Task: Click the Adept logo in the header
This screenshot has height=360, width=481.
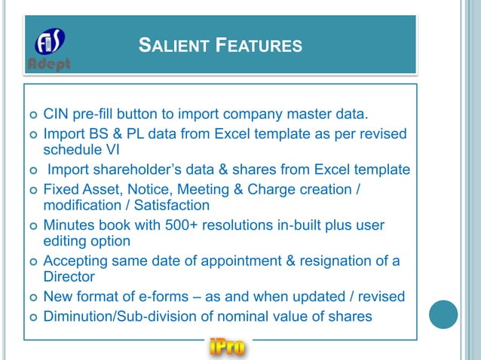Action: [50, 49]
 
